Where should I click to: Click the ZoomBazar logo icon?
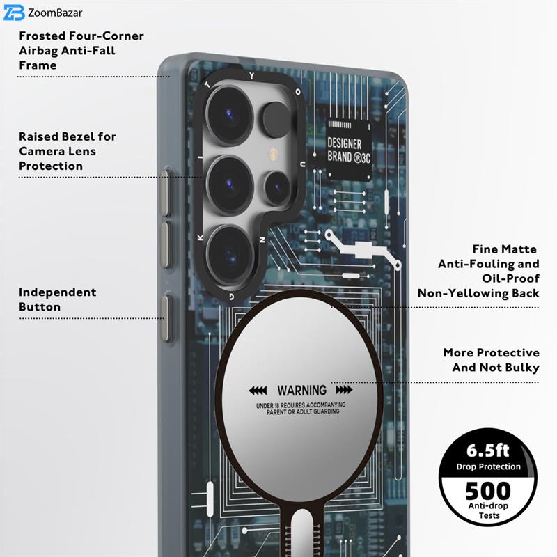(x=14, y=13)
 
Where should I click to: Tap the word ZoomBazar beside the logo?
(x=55, y=13)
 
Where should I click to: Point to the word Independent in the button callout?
(x=58, y=292)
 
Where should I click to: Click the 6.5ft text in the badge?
(x=488, y=450)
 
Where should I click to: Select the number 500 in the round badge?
(x=488, y=491)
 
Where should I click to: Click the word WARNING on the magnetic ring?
(x=301, y=391)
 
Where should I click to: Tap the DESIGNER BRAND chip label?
(x=349, y=151)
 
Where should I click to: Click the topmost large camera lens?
(x=230, y=114)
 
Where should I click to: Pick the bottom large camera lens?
(x=230, y=254)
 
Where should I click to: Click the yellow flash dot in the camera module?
(x=273, y=154)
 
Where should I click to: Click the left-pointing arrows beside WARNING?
(x=258, y=391)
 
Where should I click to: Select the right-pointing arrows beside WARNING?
(x=344, y=390)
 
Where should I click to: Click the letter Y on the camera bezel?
(x=252, y=76)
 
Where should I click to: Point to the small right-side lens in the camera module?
(x=276, y=187)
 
